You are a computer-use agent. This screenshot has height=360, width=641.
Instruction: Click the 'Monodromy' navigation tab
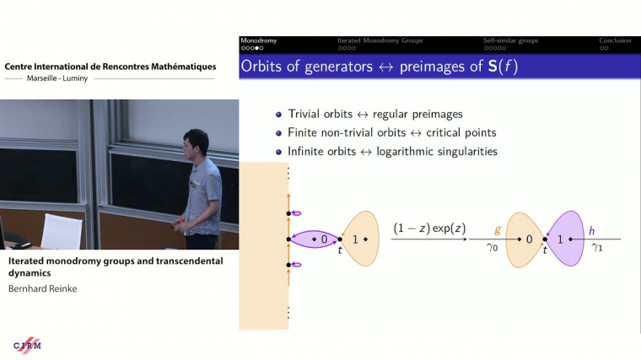tap(258, 40)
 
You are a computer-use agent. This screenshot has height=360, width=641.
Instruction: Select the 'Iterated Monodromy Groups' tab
tap(380, 40)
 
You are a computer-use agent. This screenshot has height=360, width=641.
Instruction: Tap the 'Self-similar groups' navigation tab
tap(512, 40)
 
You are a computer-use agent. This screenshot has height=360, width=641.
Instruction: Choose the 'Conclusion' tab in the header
tap(615, 40)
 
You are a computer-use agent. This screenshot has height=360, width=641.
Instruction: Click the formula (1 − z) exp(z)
tap(430, 228)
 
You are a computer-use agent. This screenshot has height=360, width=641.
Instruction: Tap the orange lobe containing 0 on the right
tap(523, 239)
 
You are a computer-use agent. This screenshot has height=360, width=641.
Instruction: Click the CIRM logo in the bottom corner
tap(27, 346)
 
